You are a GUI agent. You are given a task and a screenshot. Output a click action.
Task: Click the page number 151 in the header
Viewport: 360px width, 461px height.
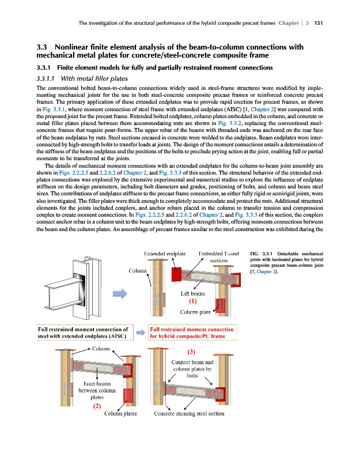(x=319, y=23)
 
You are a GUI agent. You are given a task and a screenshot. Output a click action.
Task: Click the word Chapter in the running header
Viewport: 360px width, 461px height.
(x=289, y=23)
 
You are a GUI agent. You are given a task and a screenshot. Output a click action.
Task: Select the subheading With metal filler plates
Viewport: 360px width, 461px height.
(x=94, y=78)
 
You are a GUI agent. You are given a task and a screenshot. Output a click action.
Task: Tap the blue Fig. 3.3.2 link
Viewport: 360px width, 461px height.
(x=229, y=123)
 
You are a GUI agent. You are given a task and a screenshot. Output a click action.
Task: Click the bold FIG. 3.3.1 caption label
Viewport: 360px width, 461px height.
(x=262, y=254)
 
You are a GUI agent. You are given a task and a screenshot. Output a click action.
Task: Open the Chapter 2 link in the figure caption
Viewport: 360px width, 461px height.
(x=266, y=271)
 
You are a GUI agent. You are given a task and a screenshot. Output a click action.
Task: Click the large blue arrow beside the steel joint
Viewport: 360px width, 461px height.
(x=120, y=293)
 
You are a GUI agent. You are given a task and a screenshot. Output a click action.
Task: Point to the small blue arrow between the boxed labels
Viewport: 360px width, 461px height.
(x=141, y=332)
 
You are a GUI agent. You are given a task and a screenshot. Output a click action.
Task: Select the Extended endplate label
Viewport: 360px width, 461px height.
(x=165, y=254)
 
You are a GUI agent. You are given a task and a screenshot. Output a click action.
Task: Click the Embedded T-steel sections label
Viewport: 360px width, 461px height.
(x=219, y=257)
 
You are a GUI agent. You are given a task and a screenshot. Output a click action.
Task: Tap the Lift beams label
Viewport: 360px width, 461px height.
(x=193, y=293)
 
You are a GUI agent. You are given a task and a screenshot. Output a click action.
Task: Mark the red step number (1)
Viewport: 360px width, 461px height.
(x=193, y=301)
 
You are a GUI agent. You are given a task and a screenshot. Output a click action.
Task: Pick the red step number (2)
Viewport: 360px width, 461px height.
(x=97, y=406)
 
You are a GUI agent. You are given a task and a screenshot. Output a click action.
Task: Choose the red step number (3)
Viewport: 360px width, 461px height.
(x=191, y=352)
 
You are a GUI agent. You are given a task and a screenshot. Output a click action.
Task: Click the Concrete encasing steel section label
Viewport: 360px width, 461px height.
(x=189, y=413)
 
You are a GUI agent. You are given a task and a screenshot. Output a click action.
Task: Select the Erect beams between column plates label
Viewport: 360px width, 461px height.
(x=97, y=391)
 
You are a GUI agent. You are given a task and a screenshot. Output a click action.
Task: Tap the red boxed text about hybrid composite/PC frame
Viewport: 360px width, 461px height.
(x=192, y=332)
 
